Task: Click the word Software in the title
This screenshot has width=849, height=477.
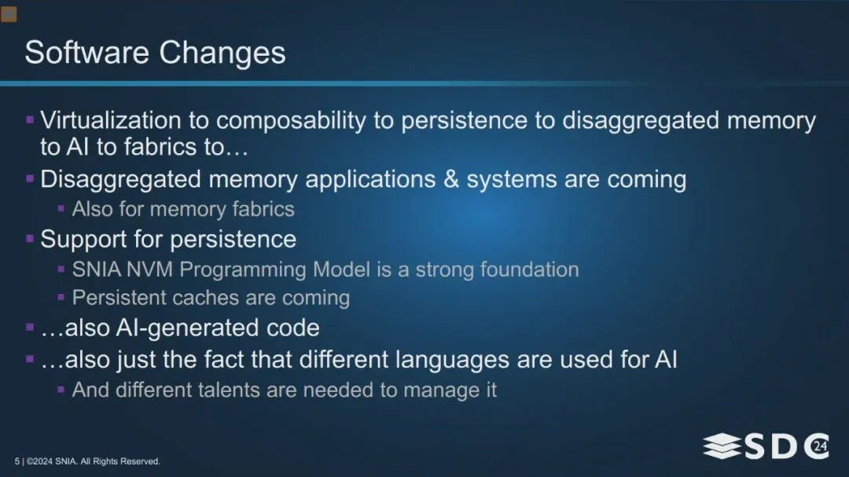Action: coord(86,53)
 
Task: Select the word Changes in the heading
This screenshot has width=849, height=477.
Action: coord(222,53)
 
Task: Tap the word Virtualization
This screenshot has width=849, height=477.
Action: coord(111,120)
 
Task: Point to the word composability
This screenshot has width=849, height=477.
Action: coord(292,121)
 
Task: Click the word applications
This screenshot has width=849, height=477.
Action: coord(370,180)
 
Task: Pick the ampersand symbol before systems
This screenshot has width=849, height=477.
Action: coord(451,179)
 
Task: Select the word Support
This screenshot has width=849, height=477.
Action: coord(83,240)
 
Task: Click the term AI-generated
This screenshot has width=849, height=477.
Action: coord(180,328)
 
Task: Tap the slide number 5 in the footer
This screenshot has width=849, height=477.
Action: coord(17,461)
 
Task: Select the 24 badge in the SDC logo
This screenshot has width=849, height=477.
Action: coord(821,446)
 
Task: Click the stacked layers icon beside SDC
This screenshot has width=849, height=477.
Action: coord(722,446)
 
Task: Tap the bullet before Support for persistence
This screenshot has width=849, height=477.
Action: coord(30,238)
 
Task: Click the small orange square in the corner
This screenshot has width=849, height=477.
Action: coord(9,14)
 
